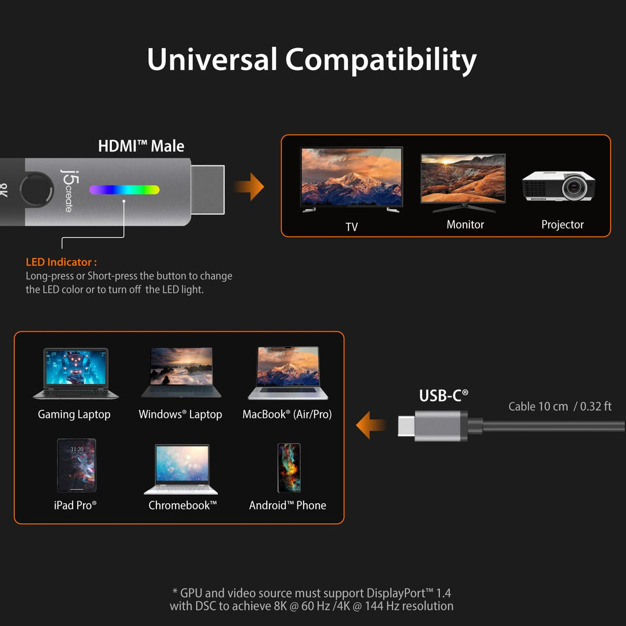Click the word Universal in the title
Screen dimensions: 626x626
(x=212, y=60)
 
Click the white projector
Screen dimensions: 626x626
(x=559, y=186)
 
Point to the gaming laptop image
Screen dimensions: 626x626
(x=75, y=374)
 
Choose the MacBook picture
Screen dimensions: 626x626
(x=288, y=373)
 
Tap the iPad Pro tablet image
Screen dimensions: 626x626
(x=76, y=465)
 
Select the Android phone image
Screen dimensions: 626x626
(x=289, y=468)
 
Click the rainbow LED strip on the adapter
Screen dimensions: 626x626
(x=124, y=190)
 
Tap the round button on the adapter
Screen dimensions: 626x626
(x=34, y=190)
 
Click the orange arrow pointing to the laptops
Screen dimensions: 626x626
(x=371, y=425)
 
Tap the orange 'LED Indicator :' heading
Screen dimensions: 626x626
(x=61, y=263)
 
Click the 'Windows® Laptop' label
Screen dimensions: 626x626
(x=180, y=414)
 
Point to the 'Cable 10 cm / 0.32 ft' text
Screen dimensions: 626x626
(x=559, y=406)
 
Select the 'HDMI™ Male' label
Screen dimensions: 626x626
(x=141, y=146)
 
